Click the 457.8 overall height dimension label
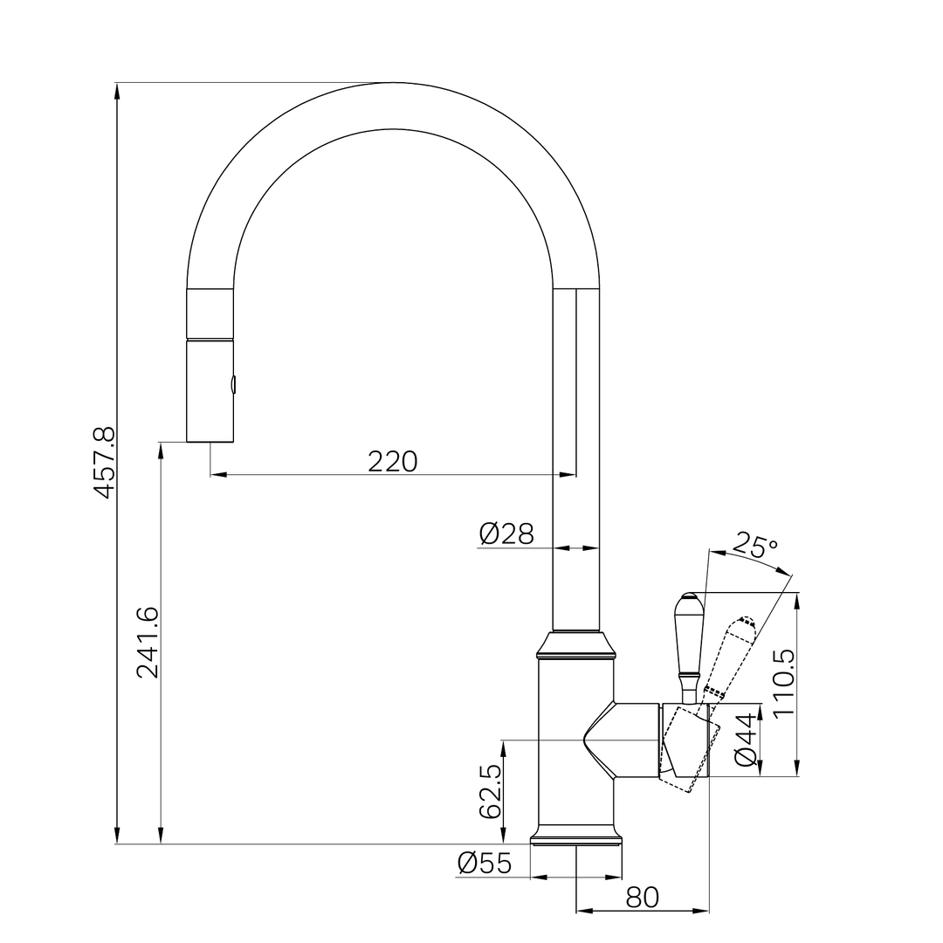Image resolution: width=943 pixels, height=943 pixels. (105, 463)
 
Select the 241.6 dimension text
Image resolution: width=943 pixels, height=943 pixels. (148, 643)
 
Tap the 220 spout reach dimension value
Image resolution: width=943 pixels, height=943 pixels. (393, 461)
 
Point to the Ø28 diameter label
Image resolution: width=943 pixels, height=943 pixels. (506, 533)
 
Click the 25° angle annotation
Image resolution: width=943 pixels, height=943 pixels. (755, 547)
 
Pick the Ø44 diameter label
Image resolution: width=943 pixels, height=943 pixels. (747, 740)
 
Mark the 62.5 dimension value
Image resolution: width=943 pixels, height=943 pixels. (491, 791)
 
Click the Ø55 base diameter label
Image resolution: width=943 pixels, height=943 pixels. (485, 864)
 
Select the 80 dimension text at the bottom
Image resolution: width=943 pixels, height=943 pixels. (643, 898)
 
